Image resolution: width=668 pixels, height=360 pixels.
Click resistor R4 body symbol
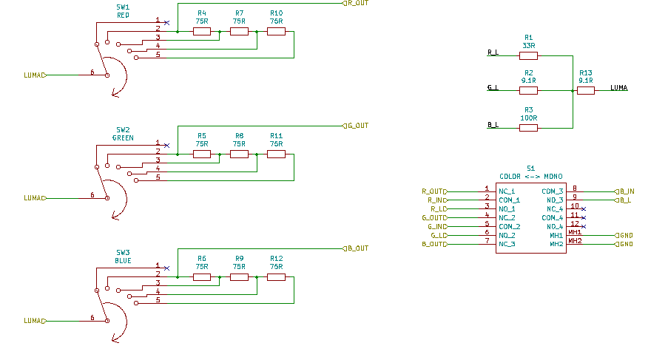click(202, 32)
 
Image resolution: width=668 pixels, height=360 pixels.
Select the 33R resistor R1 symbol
click(528, 55)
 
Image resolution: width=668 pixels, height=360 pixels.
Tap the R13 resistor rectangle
click(586, 90)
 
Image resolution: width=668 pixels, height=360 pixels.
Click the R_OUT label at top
click(358, 3)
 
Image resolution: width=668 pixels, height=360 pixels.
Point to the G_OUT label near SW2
click(358, 126)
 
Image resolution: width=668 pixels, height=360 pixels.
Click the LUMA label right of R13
click(619, 88)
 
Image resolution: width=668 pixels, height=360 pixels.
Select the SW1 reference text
click(123, 7)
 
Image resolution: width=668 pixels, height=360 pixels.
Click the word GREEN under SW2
click(123, 138)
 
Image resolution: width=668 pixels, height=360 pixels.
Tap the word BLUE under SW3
click(123, 260)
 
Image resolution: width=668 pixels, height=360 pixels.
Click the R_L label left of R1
click(493, 52)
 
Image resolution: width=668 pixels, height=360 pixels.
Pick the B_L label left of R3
click(493, 125)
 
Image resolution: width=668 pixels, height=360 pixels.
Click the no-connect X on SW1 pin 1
click(166, 23)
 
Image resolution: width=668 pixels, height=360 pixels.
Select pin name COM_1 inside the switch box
click(510, 200)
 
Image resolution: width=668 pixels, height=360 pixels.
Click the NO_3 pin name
click(555, 200)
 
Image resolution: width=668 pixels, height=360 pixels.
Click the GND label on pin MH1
click(626, 235)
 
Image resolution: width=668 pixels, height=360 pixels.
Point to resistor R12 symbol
click(276, 277)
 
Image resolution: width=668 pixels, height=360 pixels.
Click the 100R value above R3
click(528, 118)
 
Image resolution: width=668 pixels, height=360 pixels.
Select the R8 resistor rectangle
click(239, 154)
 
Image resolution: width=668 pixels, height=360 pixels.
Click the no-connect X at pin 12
click(584, 226)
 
